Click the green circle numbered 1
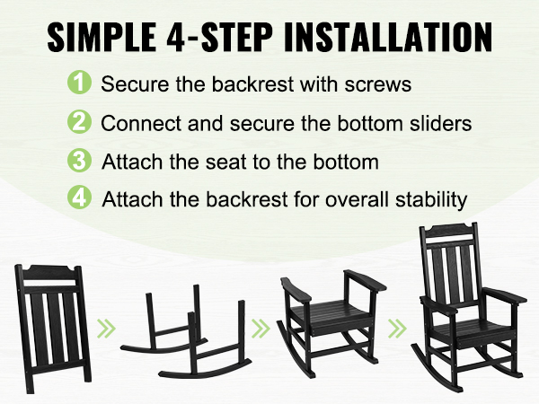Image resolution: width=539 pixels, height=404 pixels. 79,83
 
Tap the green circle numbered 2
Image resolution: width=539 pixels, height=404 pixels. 79,121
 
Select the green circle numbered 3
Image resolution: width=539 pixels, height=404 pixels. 79,160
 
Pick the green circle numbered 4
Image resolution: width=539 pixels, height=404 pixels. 79,198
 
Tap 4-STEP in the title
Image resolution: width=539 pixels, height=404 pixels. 219,38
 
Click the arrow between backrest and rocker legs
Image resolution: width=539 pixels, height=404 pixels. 106,329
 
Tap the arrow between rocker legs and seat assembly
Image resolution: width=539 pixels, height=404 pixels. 261,329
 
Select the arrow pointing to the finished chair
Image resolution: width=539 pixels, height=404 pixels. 397,329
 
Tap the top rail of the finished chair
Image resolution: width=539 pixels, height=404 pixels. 447,232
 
